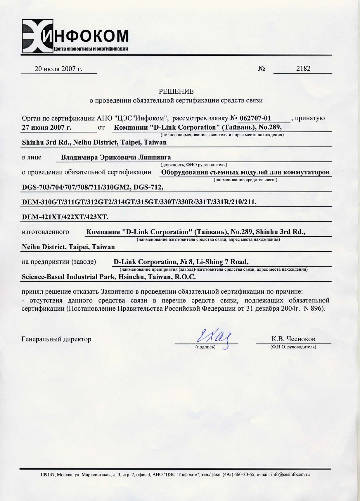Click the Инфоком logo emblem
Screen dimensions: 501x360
tap(37, 36)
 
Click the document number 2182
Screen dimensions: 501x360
tap(303, 69)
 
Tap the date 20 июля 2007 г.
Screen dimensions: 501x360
tap(58, 69)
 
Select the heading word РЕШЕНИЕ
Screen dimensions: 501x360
tap(176, 91)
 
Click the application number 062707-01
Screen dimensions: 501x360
tap(255, 118)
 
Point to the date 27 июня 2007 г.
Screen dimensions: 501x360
tap(47, 128)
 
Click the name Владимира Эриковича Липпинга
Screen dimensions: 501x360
tap(116, 157)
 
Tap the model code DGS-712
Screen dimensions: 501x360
tap(148, 187)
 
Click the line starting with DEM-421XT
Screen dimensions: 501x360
tap(65, 217)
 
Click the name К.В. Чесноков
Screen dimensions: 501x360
tap(293, 339)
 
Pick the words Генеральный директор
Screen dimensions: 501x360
tap(56, 339)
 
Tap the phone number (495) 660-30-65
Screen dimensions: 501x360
tap(239, 474)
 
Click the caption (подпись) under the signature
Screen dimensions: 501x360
tap(205, 347)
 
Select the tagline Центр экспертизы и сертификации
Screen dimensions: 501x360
tap(91, 49)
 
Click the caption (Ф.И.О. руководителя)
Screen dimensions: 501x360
tap(293, 347)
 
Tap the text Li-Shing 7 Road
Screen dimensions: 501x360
tap(222, 262)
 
